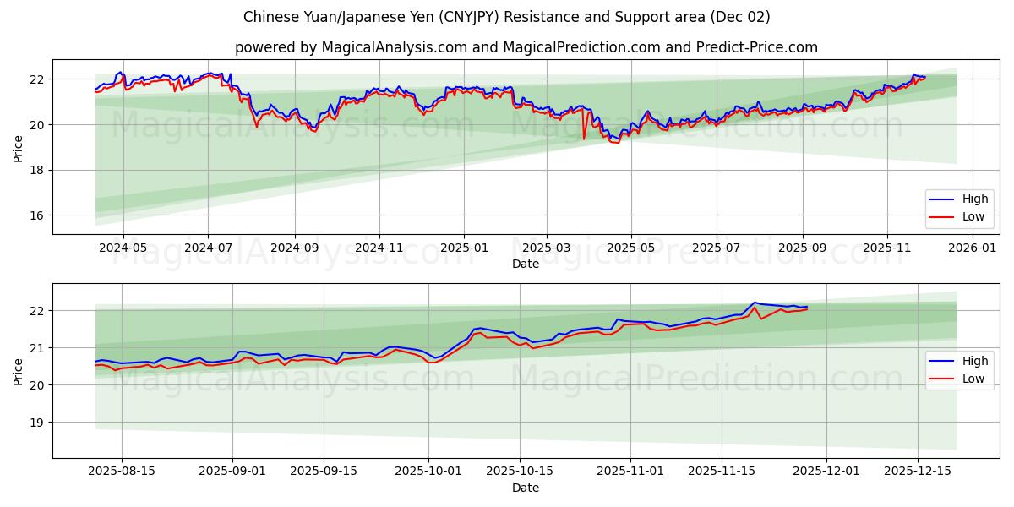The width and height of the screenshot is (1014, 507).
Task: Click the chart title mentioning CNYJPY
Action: (x=506, y=17)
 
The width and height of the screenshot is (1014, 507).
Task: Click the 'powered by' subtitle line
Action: (x=526, y=47)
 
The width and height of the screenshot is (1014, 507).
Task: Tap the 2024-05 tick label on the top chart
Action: (x=123, y=248)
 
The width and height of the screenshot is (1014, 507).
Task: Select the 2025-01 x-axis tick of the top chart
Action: (x=464, y=248)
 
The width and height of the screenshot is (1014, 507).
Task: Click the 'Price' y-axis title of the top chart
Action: (x=19, y=147)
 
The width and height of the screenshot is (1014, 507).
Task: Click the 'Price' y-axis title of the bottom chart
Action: (x=19, y=370)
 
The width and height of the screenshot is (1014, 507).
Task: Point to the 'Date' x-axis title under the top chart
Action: (x=526, y=264)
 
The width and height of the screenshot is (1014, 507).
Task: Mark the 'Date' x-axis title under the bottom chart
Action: (x=526, y=488)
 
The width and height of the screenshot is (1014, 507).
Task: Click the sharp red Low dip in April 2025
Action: (x=584, y=139)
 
